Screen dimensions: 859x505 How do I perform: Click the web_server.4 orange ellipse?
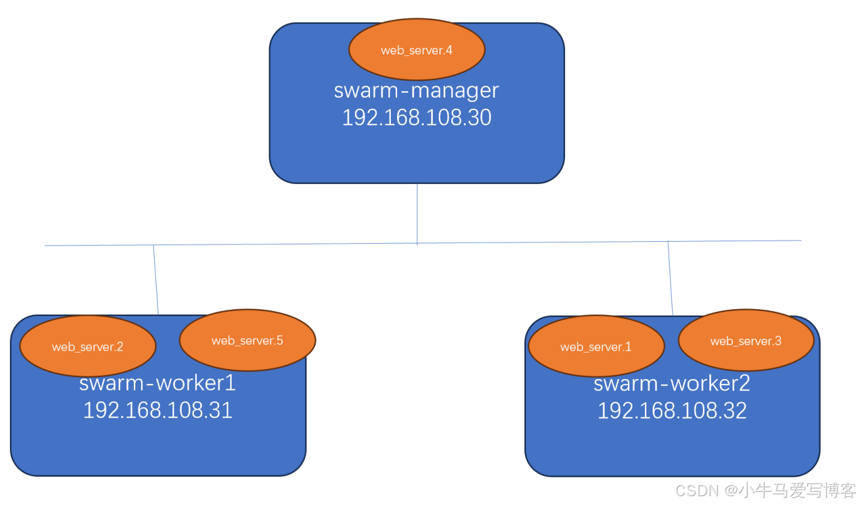417,49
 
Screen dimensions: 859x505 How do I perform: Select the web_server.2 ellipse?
88,346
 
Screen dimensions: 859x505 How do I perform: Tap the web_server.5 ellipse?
248,340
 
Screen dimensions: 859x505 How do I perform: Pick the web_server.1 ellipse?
597,346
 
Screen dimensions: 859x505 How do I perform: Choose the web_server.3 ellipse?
746,340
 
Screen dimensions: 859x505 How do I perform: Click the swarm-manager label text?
417,91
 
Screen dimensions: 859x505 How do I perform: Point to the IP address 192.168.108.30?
417,117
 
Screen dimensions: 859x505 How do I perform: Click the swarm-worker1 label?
157,383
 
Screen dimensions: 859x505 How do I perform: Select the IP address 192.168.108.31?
158,410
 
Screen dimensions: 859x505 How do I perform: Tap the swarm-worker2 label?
672,383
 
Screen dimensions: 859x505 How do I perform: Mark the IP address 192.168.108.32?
672,411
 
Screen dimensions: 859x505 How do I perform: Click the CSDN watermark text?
765,491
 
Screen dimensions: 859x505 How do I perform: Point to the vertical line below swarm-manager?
417,213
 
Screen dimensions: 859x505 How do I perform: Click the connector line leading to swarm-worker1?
155,280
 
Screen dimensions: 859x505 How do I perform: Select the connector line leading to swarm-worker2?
670,278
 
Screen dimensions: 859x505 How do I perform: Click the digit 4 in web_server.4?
449,50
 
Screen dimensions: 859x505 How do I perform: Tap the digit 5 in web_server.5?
279,341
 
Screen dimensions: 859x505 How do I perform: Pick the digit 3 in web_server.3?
778,341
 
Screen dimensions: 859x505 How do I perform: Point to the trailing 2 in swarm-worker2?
744,383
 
